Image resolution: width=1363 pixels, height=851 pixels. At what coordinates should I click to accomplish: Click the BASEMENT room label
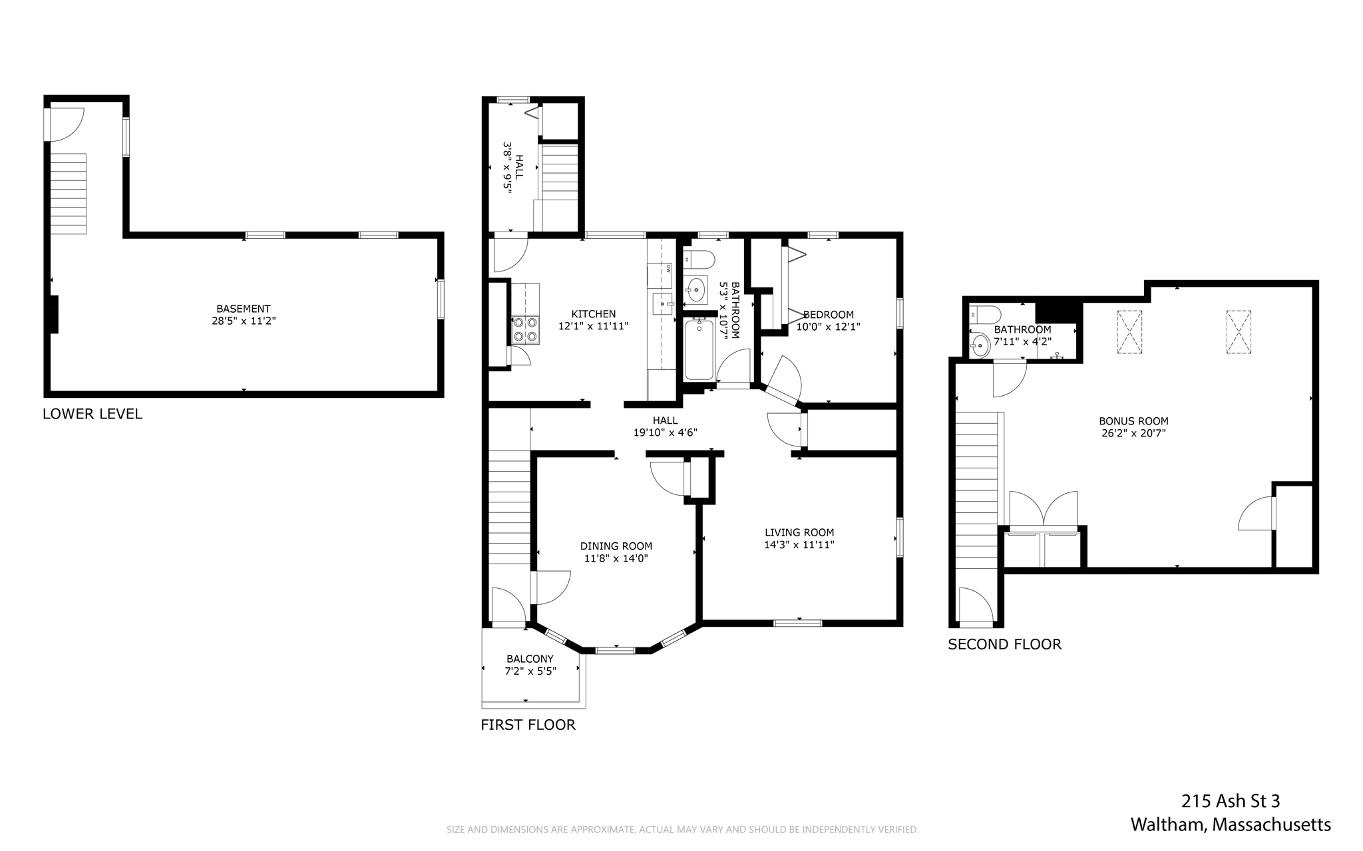(243, 309)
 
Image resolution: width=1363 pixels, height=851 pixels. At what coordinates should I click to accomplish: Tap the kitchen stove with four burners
(525, 329)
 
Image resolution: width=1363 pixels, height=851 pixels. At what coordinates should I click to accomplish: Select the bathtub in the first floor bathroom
(699, 350)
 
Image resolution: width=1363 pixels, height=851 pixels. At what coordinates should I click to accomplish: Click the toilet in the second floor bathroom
(985, 313)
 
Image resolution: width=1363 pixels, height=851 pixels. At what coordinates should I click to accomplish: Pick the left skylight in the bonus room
(1129, 332)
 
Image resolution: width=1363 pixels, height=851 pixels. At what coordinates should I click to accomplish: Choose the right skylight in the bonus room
(1239, 332)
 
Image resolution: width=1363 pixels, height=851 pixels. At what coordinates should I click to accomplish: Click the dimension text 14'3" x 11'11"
(799, 544)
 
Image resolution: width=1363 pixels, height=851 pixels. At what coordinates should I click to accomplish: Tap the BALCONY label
(530, 659)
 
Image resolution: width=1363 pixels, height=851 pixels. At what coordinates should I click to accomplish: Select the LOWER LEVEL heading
(93, 414)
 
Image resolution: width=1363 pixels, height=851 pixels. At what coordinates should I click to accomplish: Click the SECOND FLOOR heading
(1004, 644)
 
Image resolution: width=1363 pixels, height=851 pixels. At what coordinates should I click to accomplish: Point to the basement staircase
(69, 194)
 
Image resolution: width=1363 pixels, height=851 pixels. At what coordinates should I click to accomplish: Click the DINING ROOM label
(616, 546)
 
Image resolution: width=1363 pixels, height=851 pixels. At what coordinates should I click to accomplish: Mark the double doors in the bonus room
(1044, 510)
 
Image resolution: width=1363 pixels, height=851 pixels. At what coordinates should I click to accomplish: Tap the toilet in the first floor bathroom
(699, 258)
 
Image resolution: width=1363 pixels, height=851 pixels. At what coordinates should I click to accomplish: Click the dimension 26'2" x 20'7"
(1133, 433)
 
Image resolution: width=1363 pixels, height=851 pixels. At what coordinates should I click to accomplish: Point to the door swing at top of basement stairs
(65, 124)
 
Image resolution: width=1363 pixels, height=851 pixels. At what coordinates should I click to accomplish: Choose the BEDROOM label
(829, 315)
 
